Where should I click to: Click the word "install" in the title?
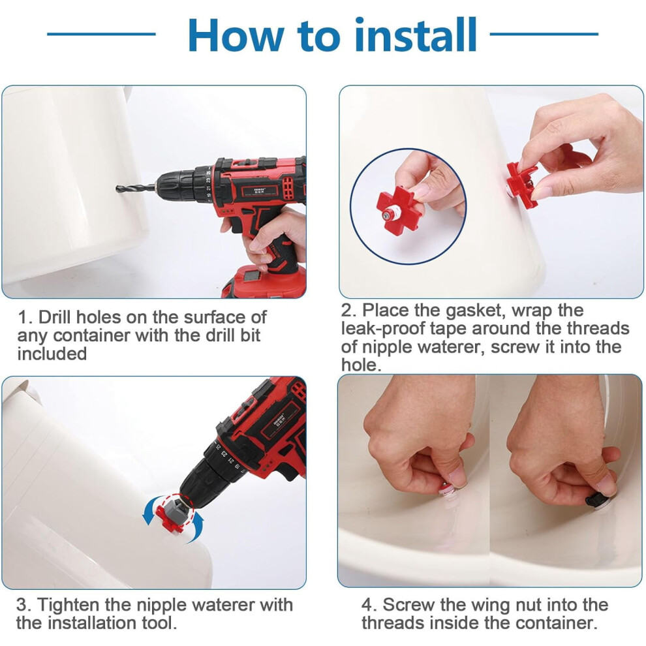point(415,35)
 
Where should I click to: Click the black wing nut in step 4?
point(596,500)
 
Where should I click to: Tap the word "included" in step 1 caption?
point(52,354)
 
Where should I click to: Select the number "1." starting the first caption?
point(25,318)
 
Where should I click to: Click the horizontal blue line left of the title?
point(101,34)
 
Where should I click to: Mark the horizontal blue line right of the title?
point(544,34)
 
